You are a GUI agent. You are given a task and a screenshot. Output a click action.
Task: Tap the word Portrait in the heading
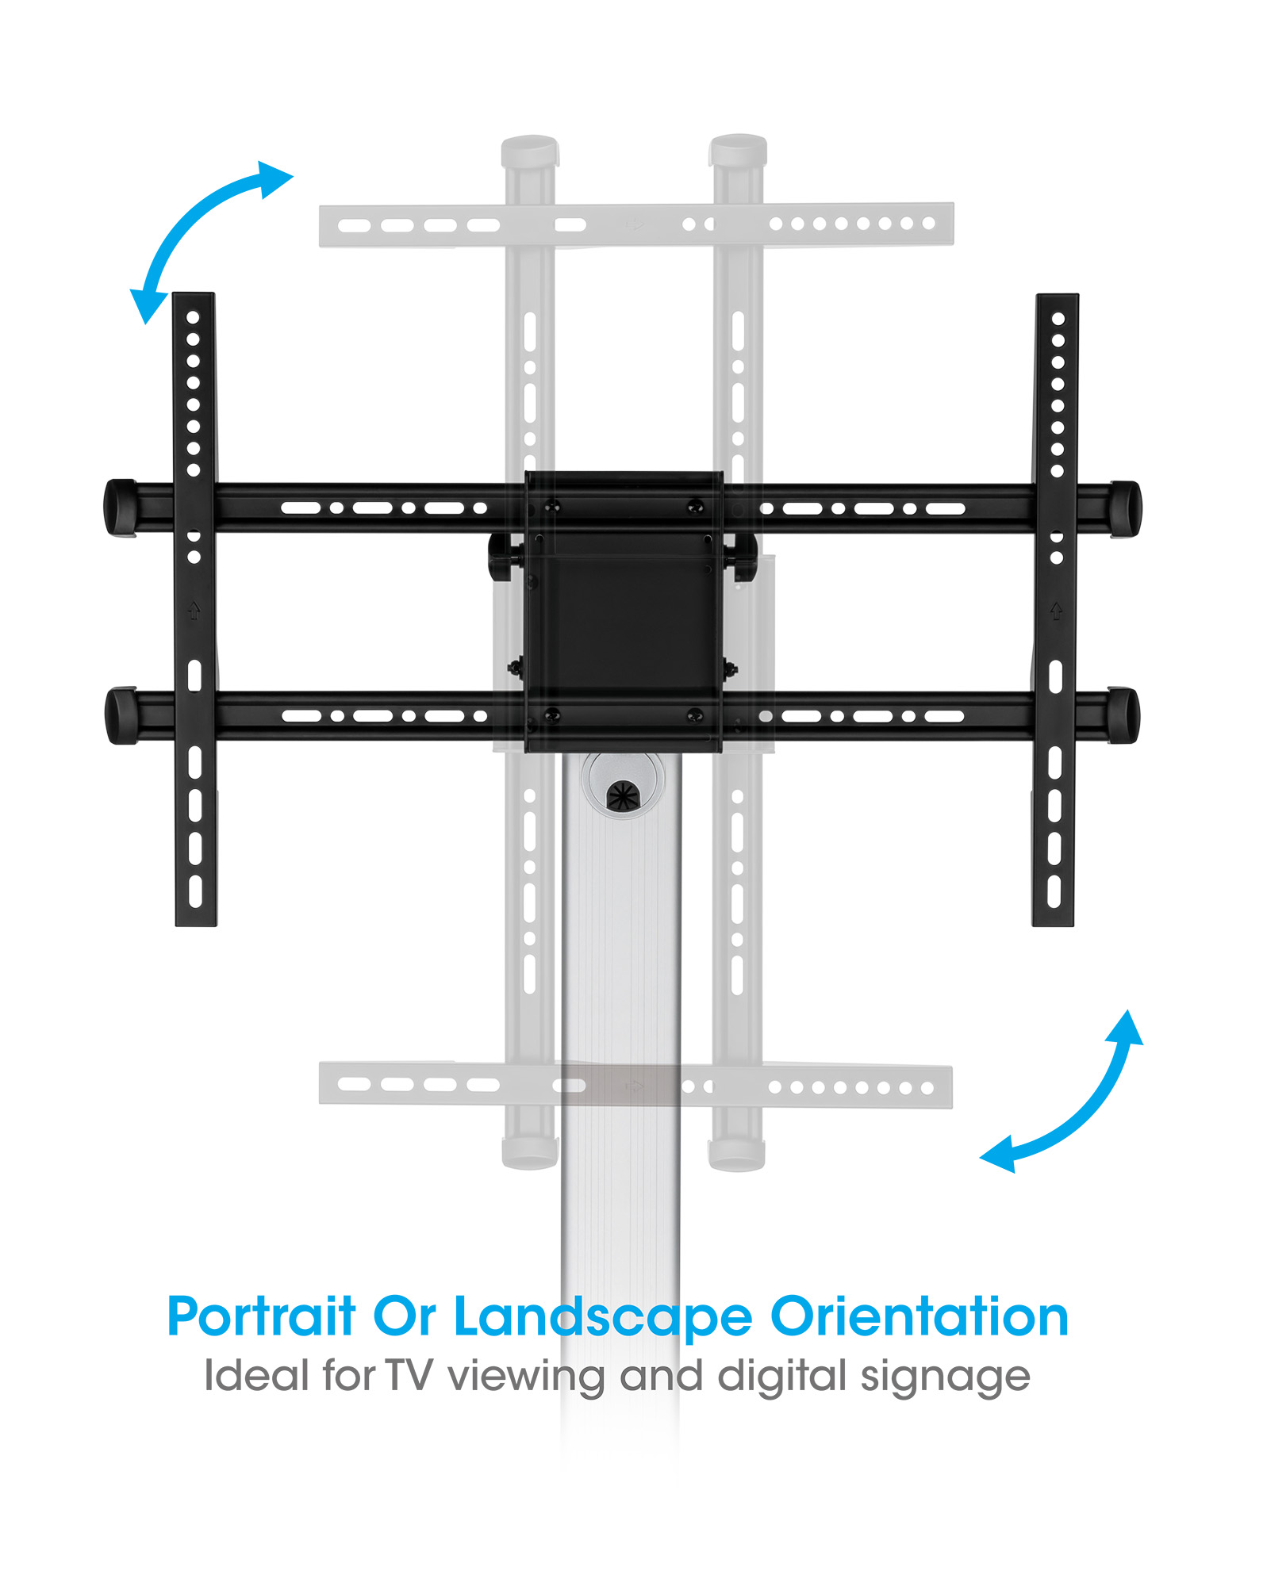(x=261, y=1318)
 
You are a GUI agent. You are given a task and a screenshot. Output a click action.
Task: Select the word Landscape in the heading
(x=602, y=1318)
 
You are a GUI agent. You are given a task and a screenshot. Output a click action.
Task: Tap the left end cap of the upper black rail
(x=121, y=508)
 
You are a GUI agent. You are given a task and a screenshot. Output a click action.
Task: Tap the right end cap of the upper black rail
(x=1125, y=508)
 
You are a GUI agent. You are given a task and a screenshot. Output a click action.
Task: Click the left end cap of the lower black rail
(x=121, y=715)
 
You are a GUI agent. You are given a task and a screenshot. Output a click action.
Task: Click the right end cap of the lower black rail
(x=1123, y=715)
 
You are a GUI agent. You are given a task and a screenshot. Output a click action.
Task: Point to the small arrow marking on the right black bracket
(x=1056, y=611)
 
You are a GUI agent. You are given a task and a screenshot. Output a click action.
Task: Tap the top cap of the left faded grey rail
(x=530, y=149)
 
